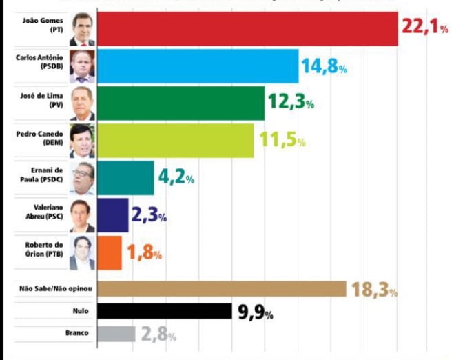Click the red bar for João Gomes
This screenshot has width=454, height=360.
pyautogui.click(x=247, y=29)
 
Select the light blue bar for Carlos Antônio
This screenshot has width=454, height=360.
pyautogui.click(x=198, y=66)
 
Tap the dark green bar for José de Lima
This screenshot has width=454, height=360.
pyautogui.click(x=180, y=103)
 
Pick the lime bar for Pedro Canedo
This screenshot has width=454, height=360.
pyautogui.click(x=175, y=141)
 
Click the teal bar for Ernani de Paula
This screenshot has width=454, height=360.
pyautogui.click(x=125, y=178)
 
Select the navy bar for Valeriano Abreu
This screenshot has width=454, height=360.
pyautogui.click(x=112, y=215)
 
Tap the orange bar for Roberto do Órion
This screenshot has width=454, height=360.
pyautogui.click(x=110, y=252)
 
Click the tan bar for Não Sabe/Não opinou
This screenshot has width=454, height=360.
pyautogui.click(x=221, y=289)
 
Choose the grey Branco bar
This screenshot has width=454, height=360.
pyautogui.click(x=116, y=334)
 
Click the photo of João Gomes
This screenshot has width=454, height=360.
pyautogui.click(x=82, y=29)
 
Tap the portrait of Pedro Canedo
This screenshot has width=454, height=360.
pyautogui.click(x=82, y=141)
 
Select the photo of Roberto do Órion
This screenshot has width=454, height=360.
pyautogui.click(x=82, y=252)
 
